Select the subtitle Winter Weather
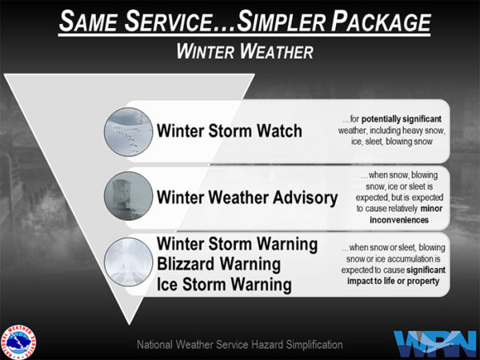[x=239, y=52]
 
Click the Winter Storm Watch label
[x=230, y=130]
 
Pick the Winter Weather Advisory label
[x=247, y=197]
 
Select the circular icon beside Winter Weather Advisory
[x=127, y=195]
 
